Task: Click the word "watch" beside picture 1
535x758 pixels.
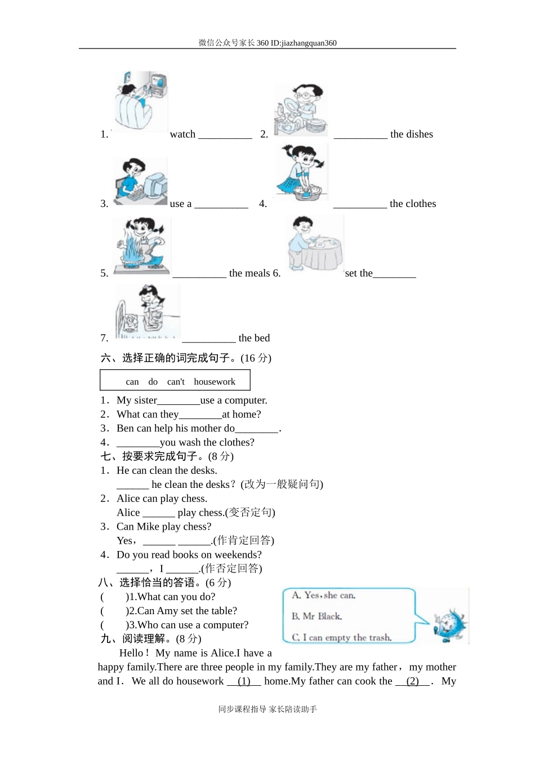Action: (182, 134)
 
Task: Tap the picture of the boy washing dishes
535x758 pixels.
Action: (301, 110)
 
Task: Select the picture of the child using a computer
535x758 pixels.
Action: (140, 182)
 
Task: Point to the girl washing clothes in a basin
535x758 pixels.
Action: (302, 172)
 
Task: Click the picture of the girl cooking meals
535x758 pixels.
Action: (141, 246)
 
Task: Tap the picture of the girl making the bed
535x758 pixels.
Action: (147, 312)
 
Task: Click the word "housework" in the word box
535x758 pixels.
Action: (215, 382)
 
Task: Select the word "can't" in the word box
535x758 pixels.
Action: (176, 382)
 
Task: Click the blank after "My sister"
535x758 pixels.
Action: (179, 401)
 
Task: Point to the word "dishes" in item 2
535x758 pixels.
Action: (420, 134)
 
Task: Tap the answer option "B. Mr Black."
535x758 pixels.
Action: (317, 616)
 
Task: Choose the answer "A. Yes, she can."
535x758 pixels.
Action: (324, 595)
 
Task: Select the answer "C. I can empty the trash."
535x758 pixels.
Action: (342, 637)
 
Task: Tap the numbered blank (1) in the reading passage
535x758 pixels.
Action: (244, 681)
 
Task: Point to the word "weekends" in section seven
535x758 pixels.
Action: (238, 555)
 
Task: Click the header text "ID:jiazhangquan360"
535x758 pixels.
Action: (304, 43)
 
